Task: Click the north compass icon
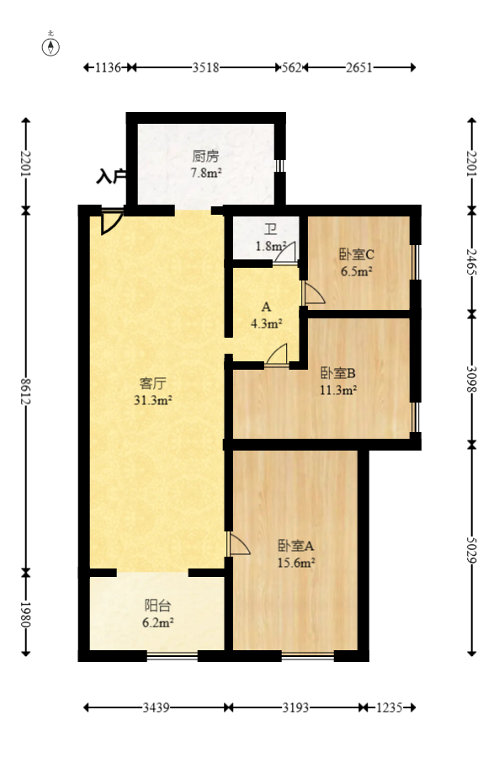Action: coord(51,45)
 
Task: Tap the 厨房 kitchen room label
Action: coord(205,156)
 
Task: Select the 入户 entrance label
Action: coord(111,177)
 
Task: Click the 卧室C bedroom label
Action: coord(356,254)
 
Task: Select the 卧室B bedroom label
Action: coord(337,373)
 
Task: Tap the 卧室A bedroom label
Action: coord(296,545)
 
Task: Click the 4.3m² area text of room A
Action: coord(266,322)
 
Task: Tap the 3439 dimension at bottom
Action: coord(157,708)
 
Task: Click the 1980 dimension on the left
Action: coord(26,615)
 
